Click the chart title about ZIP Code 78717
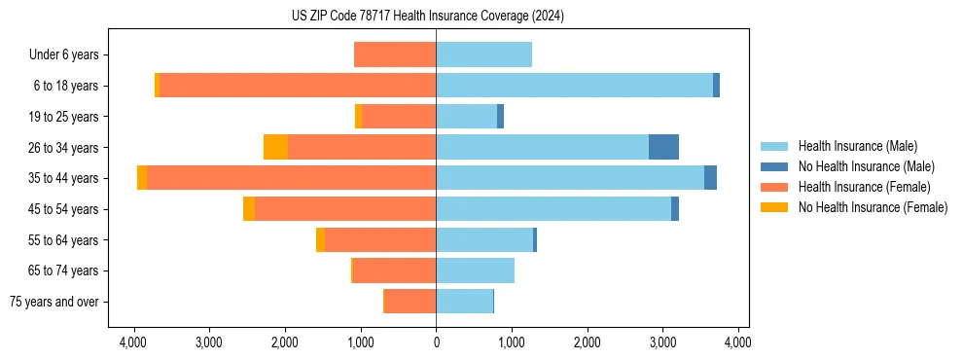(x=427, y=17)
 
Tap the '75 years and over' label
(x=53, y=302)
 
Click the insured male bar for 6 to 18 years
(x=574, y=86)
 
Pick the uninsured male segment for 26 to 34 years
(x=663, y=148)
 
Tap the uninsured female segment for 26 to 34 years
(x=275, y=148)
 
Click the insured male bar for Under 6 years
(x=483, y=55)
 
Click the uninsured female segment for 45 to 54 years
(x=249, y=209)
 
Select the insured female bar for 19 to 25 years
(x=399, y=117)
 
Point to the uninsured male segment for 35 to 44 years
(x=710, y=178)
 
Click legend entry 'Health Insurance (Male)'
(x=857, y=146)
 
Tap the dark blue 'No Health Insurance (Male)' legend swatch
(x=775, y=166)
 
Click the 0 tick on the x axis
(x=436, y=342)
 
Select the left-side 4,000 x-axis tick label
(x=133, y=342)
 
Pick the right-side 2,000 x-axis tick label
(x=587, y=342)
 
